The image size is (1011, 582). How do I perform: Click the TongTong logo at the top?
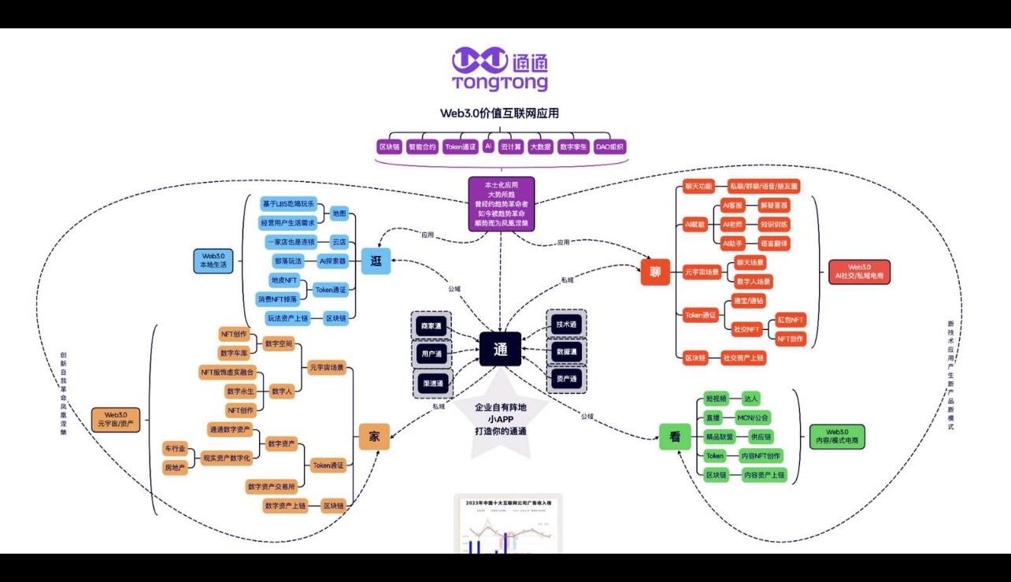[x=500, y=69]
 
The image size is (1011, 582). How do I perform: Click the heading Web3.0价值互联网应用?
[x=500, y=113]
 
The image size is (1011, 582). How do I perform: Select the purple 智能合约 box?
[x=422, y=146]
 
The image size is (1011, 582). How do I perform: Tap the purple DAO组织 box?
[x=610, y=146]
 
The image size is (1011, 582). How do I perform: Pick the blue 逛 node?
[x=376, y=261]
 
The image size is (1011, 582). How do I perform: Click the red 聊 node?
[x=654, y=272]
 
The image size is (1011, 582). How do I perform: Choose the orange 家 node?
[x=374, y=437]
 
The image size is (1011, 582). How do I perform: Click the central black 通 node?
[x=500, y=350]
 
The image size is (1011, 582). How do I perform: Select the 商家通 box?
[x=432, y=325]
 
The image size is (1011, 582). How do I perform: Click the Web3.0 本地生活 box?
[x=213, y=261]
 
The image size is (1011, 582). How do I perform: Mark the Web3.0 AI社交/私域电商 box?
[x=859, y=272]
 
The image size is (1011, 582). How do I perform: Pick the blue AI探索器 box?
[x=332, y=261]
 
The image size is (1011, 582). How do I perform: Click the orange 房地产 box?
[x=175, y=468]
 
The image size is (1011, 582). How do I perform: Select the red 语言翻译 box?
[x=773, y=243]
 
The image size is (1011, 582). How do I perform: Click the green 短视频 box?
[x=716, y=399]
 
